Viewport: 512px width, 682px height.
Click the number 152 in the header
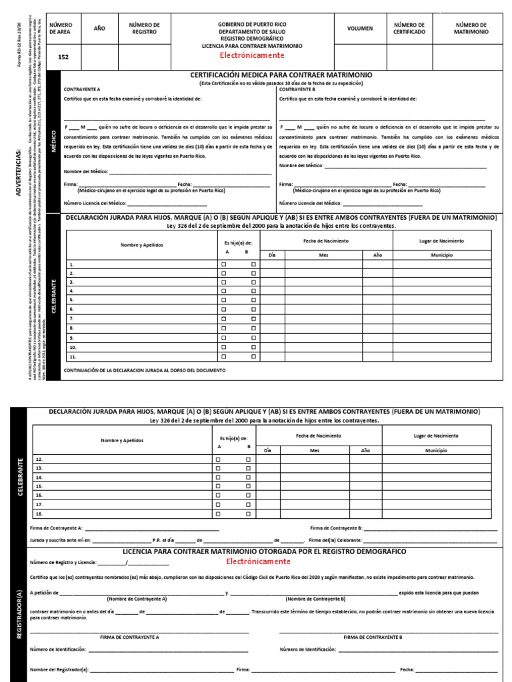pos(63,57)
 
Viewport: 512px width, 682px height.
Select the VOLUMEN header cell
pos(359,29)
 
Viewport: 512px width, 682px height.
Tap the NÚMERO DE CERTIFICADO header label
pos(409,29)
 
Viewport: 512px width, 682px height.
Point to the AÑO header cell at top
pos(99,29)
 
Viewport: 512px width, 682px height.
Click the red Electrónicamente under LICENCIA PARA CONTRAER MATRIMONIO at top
pos(252,56)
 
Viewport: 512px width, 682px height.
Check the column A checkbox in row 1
pos(224,264)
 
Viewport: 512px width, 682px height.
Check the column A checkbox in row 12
pos(217,460)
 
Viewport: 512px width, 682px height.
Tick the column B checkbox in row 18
pos(247,513)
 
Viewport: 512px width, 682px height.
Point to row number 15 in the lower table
pos(39,486)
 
